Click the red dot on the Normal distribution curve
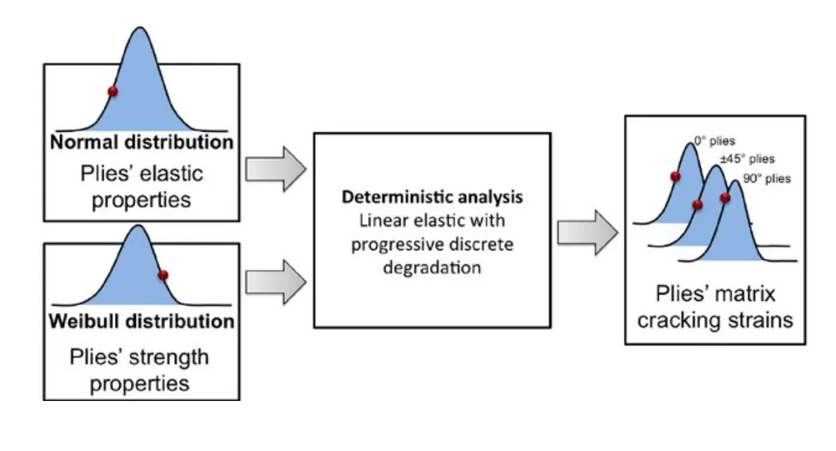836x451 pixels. click(x=112, y=91)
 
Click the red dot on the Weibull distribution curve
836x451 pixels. click(x=163, y=275)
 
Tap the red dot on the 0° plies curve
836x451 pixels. click(x=675, y=176)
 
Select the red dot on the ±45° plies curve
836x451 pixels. click(x=697, y=205)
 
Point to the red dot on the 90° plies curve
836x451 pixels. click(x=725, y=198)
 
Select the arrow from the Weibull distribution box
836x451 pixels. click(x=276, y=280)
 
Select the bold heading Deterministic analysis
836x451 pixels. click(x=432, y=197)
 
